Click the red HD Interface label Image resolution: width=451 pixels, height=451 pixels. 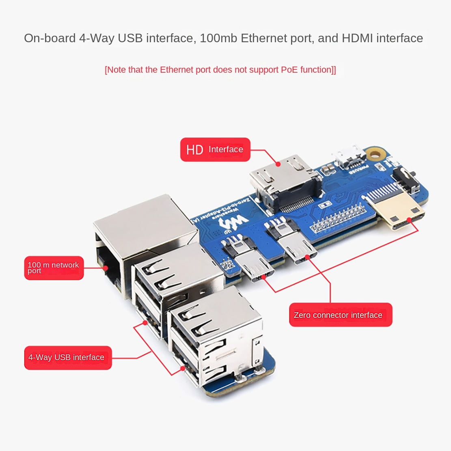[215, 150]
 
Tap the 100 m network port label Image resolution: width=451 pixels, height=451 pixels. [54, 268]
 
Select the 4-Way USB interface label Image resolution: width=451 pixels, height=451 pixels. [67, 358]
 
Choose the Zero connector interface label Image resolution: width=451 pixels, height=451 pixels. [340, 315]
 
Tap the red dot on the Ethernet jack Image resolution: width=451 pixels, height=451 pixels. [106, 268]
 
